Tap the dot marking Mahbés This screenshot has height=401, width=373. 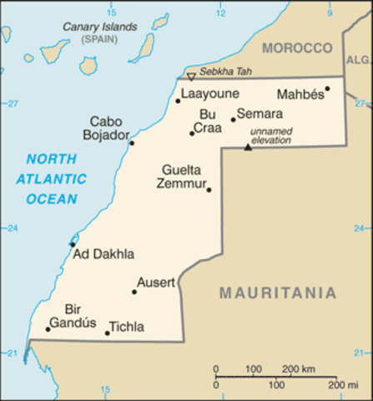328,88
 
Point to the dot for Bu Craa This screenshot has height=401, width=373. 192,133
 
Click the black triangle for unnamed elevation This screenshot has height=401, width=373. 247,148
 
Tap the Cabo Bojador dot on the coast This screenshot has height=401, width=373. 132,143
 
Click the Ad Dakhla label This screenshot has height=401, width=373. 103,254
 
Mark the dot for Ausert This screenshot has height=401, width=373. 134,292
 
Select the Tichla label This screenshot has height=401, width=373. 127,327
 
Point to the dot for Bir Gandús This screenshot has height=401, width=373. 48,329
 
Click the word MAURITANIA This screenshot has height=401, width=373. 278,293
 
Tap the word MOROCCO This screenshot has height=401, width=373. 297,48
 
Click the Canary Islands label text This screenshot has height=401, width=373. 100,27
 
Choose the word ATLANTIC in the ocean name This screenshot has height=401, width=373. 51,179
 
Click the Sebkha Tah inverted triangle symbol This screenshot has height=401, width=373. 190,77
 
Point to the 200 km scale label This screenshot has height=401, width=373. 300,368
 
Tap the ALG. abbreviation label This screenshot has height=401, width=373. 359,60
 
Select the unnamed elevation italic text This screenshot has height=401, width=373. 271,136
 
